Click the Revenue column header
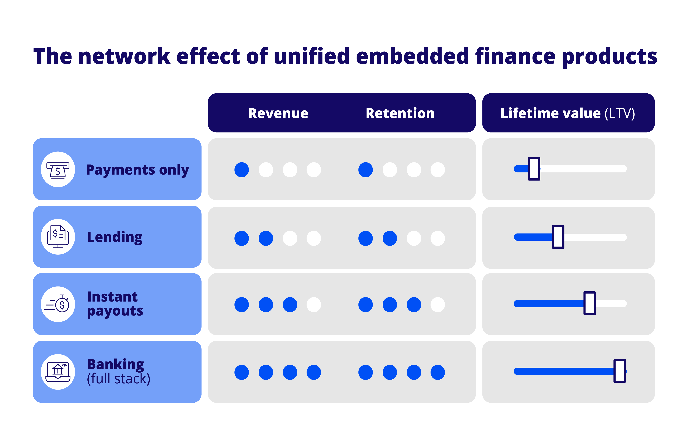coord(278,113)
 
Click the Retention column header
coord(400,113)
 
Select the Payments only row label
coord(137,170)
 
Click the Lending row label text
coord(115,238)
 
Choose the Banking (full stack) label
coord(119,371)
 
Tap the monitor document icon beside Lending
coord(58,237)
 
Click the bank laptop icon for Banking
coord(58,372)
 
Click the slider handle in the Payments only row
coord(534,169)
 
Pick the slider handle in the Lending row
coord(558,237)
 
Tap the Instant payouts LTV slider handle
coord(590,303)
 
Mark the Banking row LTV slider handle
coord(620,371)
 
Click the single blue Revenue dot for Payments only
coord(242,170)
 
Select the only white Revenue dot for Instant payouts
coord(314,305)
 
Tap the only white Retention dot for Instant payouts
coord(438,305)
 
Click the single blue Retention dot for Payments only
coord(366,170)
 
